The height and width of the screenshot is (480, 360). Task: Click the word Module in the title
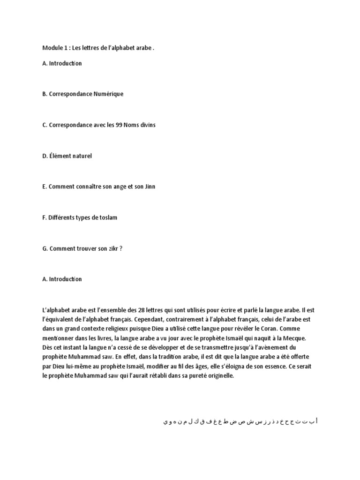[52, 48]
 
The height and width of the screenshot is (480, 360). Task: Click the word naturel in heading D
[81, 156]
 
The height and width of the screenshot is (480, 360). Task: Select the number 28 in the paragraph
[142, 310]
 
